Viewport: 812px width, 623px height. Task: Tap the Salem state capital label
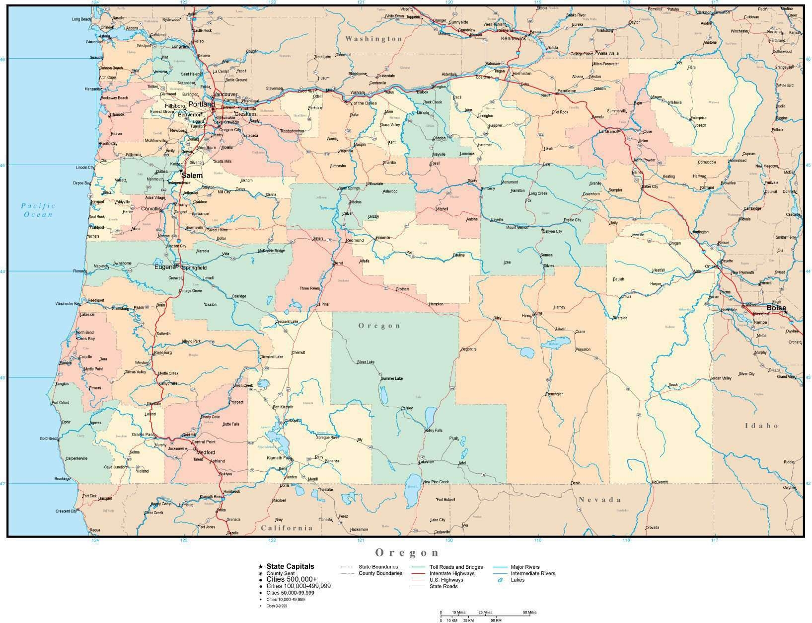click(192, 176)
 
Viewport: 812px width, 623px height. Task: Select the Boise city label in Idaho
click(776, 308)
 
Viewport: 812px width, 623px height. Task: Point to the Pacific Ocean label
click(38, 210)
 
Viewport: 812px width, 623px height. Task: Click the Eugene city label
click(165, 267)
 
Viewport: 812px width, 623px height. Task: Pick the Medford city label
click(206, 452)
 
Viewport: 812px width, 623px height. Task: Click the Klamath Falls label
click(278, 457)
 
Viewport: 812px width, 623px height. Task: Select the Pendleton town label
click(567, 91)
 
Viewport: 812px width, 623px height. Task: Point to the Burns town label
click(538, 314)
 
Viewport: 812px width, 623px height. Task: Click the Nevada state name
click(600, 500)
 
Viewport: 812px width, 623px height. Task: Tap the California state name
click(287, 528)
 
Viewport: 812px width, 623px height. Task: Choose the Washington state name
click(373, 39)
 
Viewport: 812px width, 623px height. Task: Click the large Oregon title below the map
click(407, 552)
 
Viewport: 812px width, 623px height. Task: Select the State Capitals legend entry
click(290, 566)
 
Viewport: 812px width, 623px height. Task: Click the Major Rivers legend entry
click(525, 567)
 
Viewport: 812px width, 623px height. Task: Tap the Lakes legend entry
click(517, 580)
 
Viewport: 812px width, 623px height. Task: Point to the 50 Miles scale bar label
click(529, 612)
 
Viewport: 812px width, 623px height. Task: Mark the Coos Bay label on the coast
click(86, 339)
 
